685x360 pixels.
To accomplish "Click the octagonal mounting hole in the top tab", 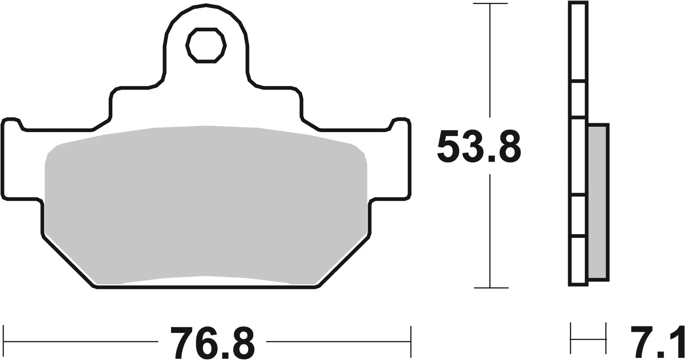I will (206, 45).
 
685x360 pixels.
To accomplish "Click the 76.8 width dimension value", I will (212, 343).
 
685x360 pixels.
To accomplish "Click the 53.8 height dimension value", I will (479, 147).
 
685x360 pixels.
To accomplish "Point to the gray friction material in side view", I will (598, 201).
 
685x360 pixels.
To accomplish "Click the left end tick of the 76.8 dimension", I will (4, 342).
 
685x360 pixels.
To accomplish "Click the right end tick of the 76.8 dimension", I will (410, 342).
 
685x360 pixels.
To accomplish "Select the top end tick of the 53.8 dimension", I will (490, 4).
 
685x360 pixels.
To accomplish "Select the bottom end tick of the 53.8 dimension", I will (490, 287).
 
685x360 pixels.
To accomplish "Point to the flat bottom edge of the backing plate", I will (206, 288).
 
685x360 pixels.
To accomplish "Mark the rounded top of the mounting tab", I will (206, 6).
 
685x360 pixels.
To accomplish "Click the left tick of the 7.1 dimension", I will (571, 339).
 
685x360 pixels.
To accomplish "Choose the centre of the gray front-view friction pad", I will (206, 204).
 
